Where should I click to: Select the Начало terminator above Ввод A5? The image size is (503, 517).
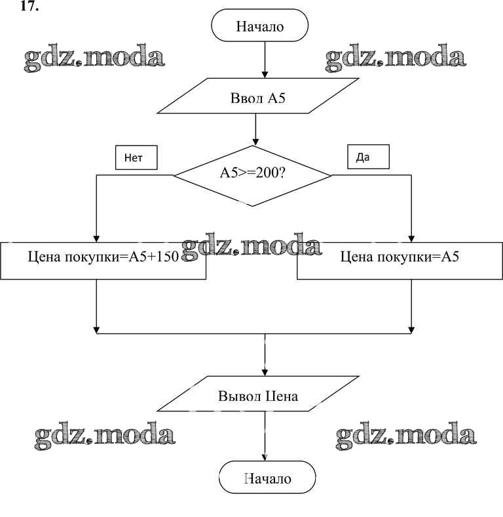point(260,28)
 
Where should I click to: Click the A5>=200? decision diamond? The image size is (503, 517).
point(253,175)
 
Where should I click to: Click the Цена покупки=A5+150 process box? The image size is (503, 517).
point(103,257)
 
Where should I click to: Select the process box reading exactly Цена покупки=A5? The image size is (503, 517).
point(400,257)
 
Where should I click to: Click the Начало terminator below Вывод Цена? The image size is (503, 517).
point(267,478)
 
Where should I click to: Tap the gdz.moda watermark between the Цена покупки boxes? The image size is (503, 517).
point(251,245)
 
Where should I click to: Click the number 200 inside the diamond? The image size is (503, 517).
point(267,175)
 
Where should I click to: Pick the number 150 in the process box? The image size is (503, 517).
point(168,257)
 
